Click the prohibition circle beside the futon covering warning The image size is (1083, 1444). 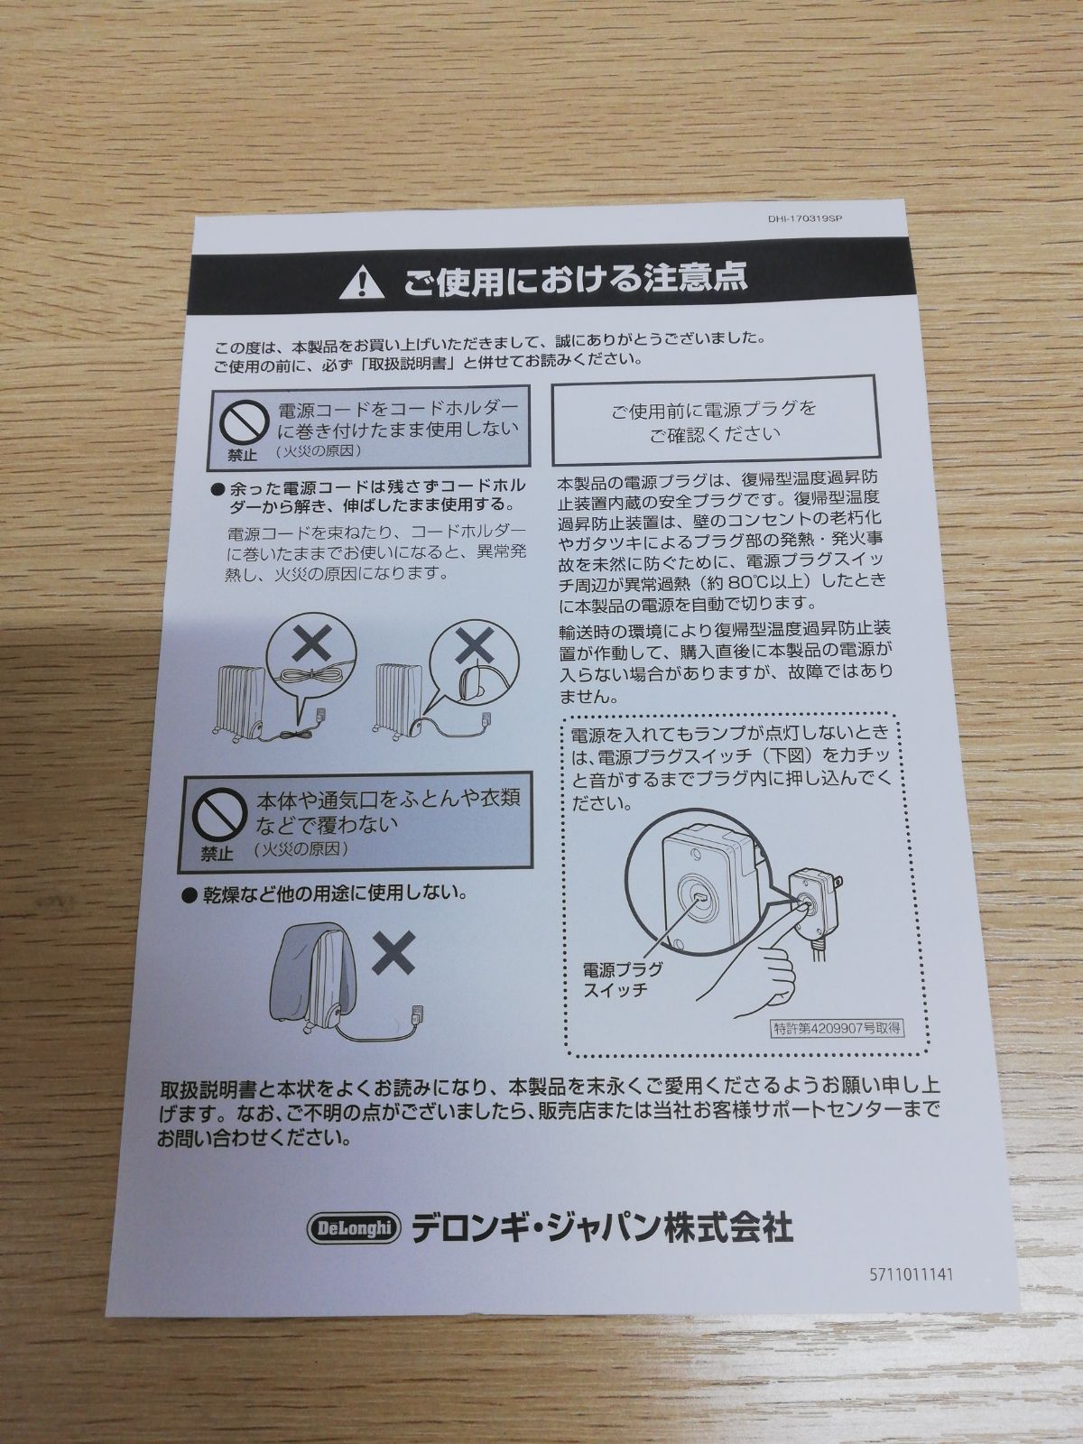pos(216,816)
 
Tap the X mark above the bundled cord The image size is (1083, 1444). pos(311,644)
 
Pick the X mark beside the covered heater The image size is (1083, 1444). pos(393,952)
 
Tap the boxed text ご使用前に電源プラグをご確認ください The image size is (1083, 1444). pos(714,421)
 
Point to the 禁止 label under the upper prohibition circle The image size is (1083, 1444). pos(242,455)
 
